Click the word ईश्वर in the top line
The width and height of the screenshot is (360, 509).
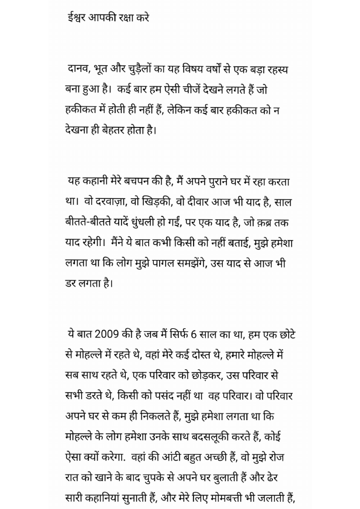point(77,18)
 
